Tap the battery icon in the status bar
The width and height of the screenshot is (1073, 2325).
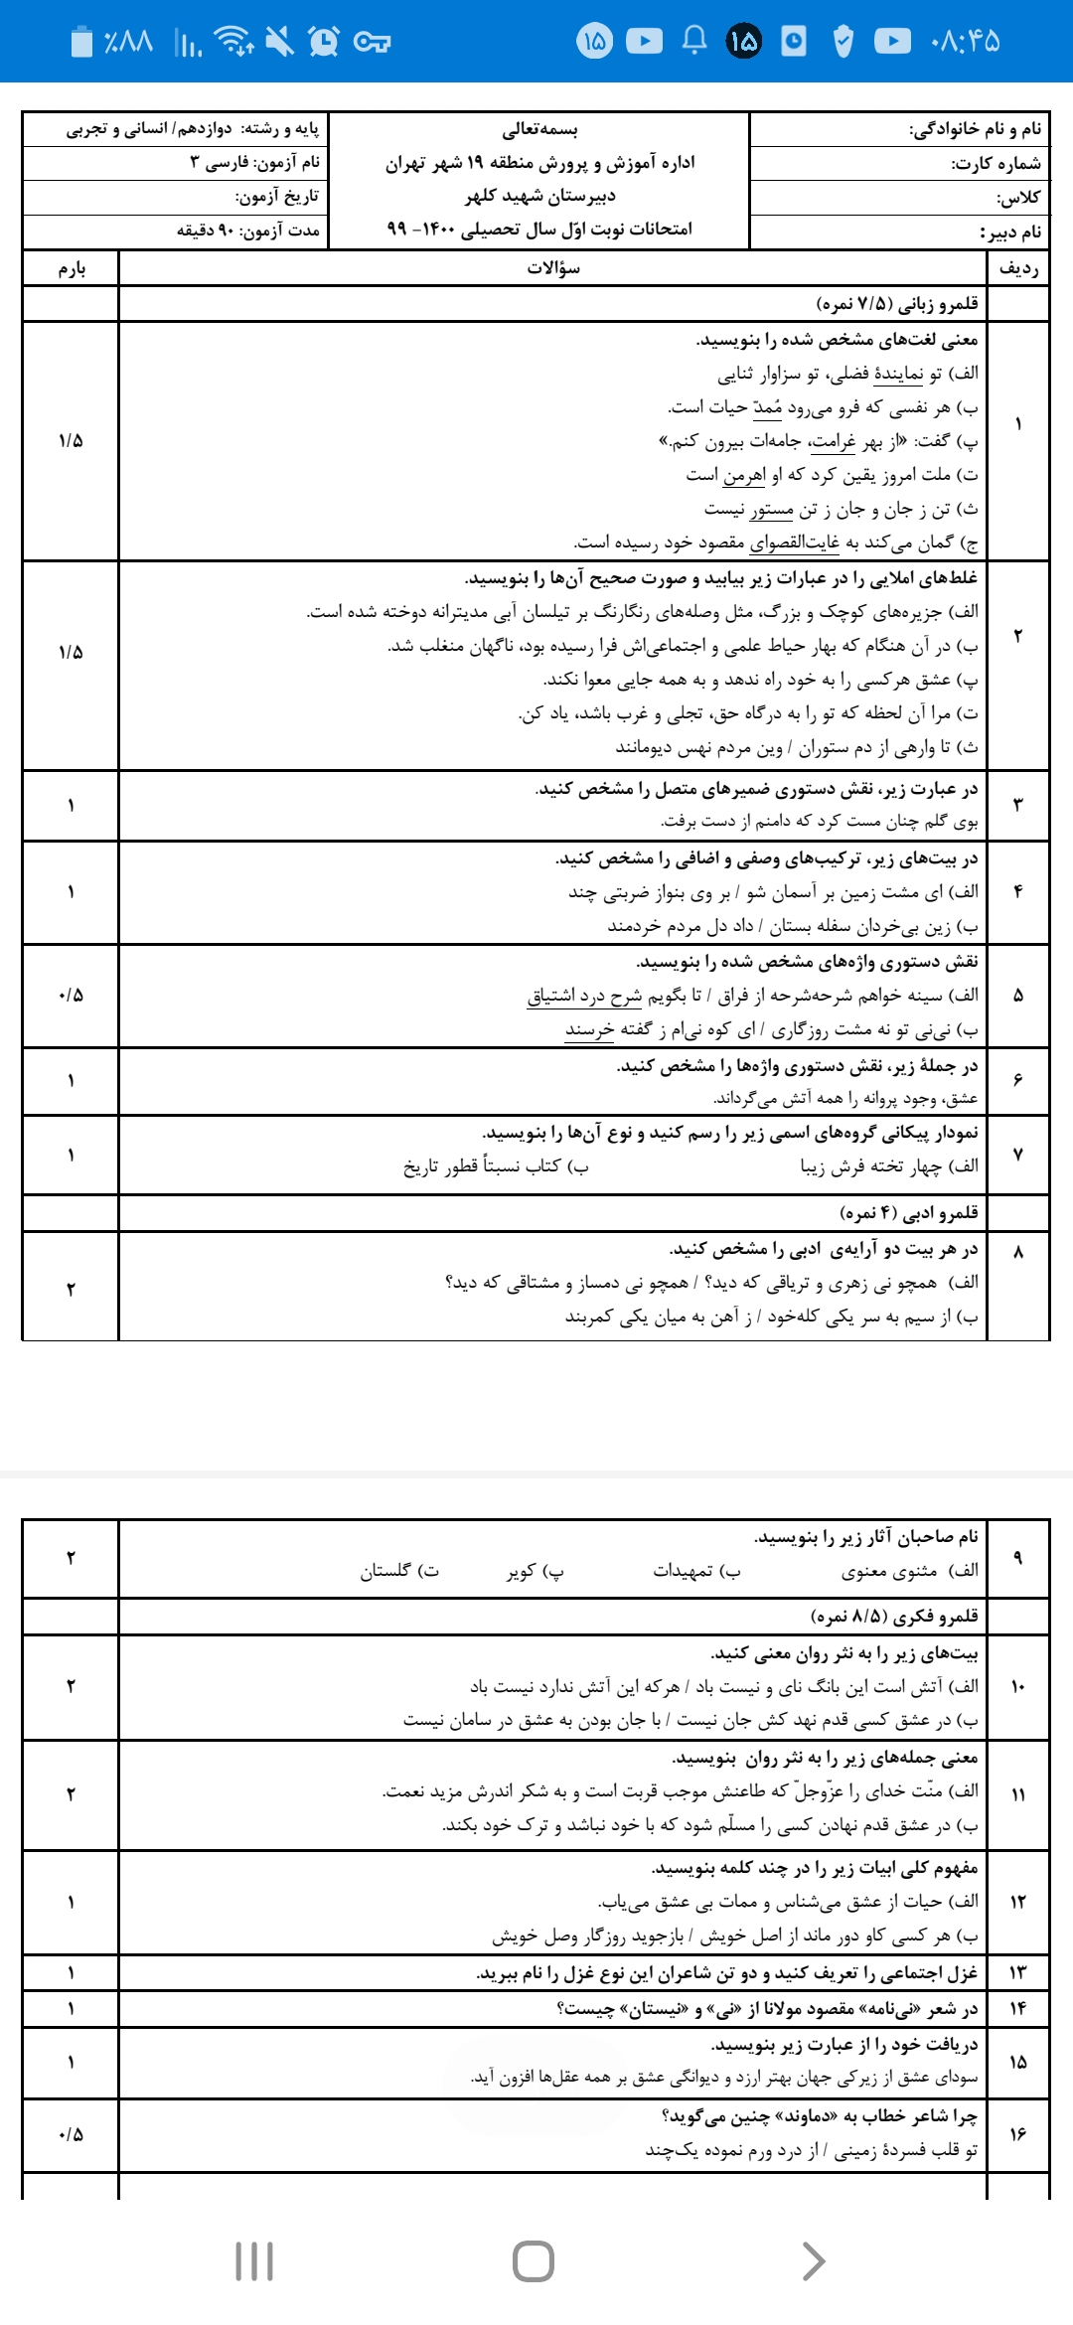[81, 41]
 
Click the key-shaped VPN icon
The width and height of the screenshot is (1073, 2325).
[372, 41]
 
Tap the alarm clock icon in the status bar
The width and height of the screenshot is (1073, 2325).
[323, 41]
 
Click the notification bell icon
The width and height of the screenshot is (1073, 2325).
[694, 40]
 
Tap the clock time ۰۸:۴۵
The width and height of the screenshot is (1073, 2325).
[965, 41]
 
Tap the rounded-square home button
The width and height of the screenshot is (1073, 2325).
[534, 2261]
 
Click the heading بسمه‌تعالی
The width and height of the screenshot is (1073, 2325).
[539, 129]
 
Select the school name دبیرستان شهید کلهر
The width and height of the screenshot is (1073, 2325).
[540, 196]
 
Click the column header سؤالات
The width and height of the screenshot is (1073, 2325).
[553, 268]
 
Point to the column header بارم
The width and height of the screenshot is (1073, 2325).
[72, 268]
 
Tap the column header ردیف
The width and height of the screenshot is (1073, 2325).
[1018, 268]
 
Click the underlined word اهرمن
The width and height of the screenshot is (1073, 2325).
[744, 475]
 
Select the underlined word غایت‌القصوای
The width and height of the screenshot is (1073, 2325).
[794, 542]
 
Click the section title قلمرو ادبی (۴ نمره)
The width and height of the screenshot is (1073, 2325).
[908, 1212]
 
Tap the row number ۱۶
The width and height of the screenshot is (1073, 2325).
[1018, 2133]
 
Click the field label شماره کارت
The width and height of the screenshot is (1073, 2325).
[996, 164]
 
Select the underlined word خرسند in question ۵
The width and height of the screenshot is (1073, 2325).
[589, 1029]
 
